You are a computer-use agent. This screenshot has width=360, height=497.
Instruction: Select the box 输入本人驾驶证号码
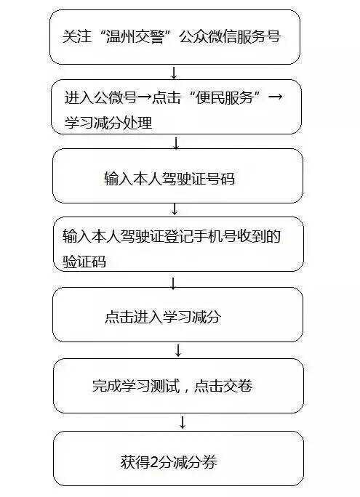click(x=177, y=177)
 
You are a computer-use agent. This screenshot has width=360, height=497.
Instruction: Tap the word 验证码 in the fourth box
click(x=84, y=261)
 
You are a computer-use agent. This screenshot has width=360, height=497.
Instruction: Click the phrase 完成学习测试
click(x=138, y=386)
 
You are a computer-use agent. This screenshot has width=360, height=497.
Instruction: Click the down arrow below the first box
click(x=174, y=71)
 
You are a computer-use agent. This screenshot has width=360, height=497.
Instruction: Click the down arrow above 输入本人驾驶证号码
click(x=175, y=140)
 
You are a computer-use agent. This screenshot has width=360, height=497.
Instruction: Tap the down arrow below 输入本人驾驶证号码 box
click(x=175, y=209)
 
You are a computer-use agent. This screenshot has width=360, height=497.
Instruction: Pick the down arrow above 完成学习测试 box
click(x=178, y=350)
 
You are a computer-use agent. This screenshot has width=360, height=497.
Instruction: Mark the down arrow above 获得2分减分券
click(x=182, y=422)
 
